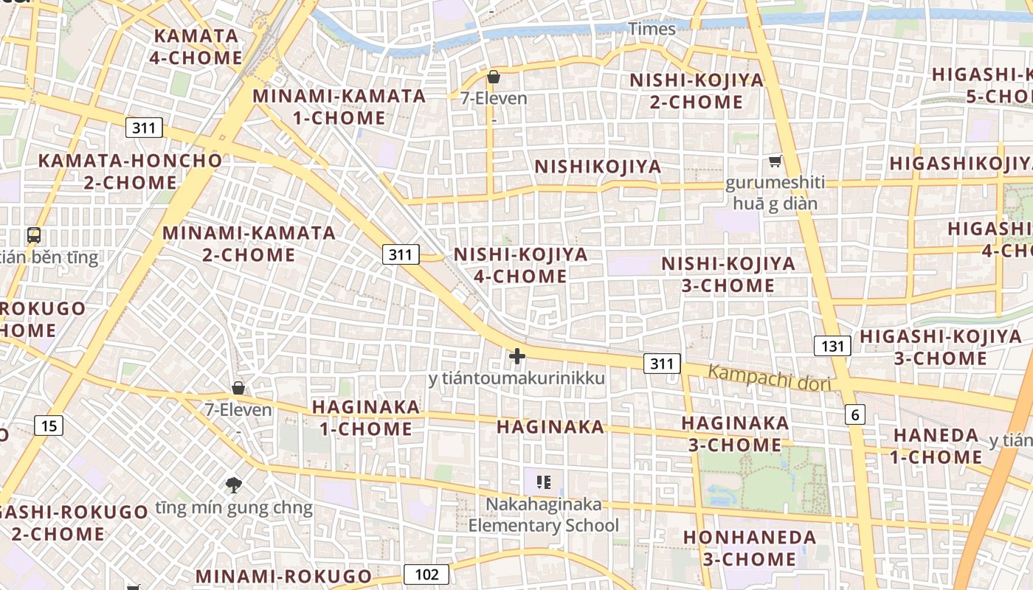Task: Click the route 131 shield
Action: coord(832,346)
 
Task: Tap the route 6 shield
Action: coord(854,414)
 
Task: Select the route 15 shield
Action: coord(48,425)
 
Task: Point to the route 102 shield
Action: coord(426,575)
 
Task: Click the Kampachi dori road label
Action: coord(770,378)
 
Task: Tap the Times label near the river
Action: coord(652,29)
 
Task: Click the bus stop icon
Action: coord(34,235)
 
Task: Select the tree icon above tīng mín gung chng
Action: coord(234,485)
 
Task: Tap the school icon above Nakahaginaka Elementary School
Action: coord(544,482)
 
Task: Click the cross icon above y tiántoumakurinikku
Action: coord(517,356)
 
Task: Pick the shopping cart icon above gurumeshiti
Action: coord(775,161)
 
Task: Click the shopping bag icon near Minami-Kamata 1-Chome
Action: coord(494,77)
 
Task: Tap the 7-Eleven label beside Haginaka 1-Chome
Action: coord(238,410)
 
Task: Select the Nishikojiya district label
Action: coord(598,167)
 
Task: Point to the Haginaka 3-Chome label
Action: coord(735,434)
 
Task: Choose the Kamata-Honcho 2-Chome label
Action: coord(130,171)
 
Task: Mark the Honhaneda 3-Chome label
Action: coord(750,548)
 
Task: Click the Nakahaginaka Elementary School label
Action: coord(544,516)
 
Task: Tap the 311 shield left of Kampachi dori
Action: coord(662,363)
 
